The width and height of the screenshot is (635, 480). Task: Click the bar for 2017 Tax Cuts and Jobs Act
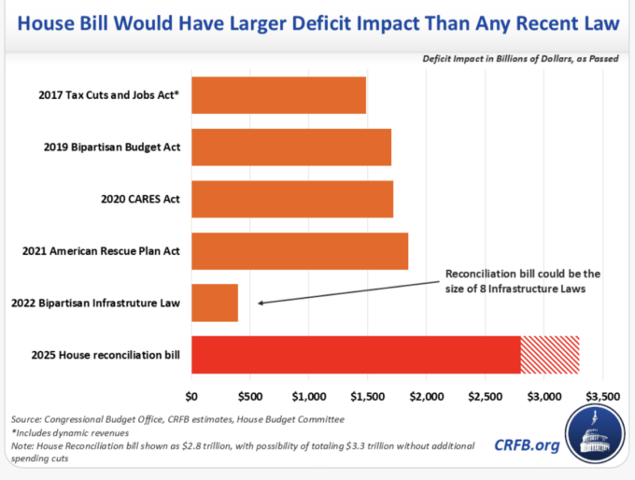[x=278, y=95]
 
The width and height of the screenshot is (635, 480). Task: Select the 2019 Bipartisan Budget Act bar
[x=290, y=147]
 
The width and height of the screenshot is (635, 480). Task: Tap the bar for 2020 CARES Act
[x=291, y=199]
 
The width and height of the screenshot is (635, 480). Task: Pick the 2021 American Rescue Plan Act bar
[x=299, y=250]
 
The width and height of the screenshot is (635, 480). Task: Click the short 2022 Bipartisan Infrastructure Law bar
[x=215, y=303]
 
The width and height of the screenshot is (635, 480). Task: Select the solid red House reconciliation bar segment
[x=355, y=354]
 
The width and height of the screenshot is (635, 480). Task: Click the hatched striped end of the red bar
[x=550, y=354]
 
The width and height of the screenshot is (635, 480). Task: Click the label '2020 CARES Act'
[x=139, y=199]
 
